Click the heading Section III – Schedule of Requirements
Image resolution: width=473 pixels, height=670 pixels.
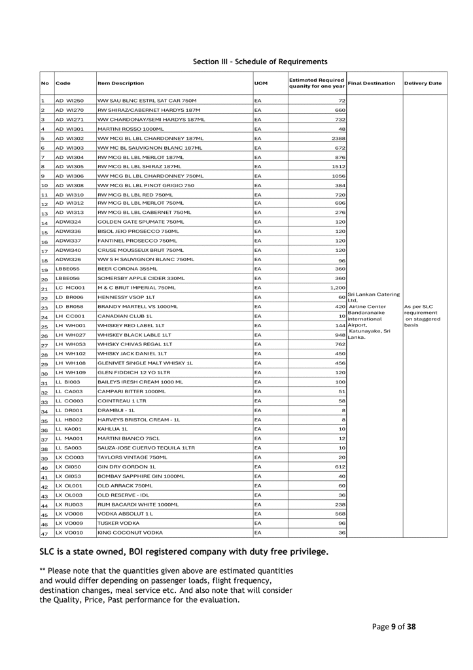(260, 62)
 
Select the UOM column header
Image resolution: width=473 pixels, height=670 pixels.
(260, 83)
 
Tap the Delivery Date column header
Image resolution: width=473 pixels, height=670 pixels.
(423, 83)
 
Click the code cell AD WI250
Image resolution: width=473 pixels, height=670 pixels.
(69, 101)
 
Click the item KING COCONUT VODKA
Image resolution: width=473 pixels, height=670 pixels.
(130, 533)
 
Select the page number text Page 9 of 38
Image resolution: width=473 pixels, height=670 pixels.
(394, 627)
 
